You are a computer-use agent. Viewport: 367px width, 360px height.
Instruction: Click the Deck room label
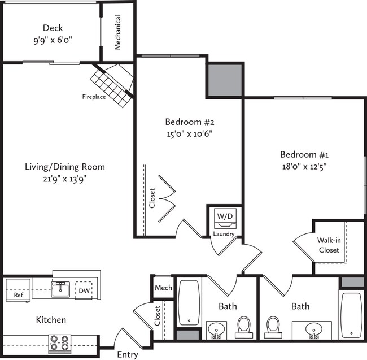(53, 28)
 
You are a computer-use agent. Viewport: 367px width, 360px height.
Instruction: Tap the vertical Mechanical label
(118, 32)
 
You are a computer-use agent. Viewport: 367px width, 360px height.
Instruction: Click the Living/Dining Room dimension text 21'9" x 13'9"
(64, 179)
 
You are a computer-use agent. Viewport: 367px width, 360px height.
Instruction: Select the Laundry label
(224, 234)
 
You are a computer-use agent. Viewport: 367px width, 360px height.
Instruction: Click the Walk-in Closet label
(329, 245)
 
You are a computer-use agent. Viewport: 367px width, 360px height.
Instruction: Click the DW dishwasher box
(82, 290)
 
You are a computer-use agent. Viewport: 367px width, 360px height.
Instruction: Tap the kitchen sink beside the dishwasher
(60, 290)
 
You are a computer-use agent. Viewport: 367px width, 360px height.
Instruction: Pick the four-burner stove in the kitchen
(60, 342)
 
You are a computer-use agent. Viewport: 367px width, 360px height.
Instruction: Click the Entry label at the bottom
(127, 355)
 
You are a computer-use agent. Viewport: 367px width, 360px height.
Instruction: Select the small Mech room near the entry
(163, 288)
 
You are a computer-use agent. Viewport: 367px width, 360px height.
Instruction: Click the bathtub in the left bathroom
(189, 302)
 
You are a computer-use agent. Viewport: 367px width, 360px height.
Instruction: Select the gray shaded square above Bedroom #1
(225, 80)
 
